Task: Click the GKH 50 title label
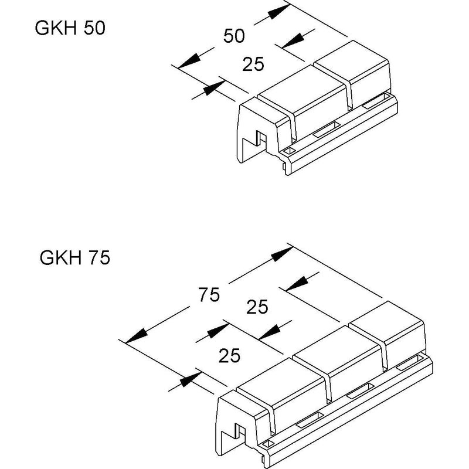[70, 28]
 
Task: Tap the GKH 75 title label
[75, 257]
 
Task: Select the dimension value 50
[234, 36]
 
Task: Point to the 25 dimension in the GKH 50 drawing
[253, 64]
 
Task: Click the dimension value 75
[209, 294]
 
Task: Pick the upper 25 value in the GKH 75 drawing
[257, 307]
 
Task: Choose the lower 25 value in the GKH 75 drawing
[229, 355]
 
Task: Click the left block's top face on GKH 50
[301, 89]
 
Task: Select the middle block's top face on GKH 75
[336, 349]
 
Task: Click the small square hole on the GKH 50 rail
[289, 151]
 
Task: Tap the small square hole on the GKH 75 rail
[268, 443]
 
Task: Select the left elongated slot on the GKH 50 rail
[326, 129]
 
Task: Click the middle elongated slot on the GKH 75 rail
[360, 391]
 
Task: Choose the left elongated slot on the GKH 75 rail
[310, 420]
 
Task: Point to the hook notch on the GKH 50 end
[261, 138]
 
